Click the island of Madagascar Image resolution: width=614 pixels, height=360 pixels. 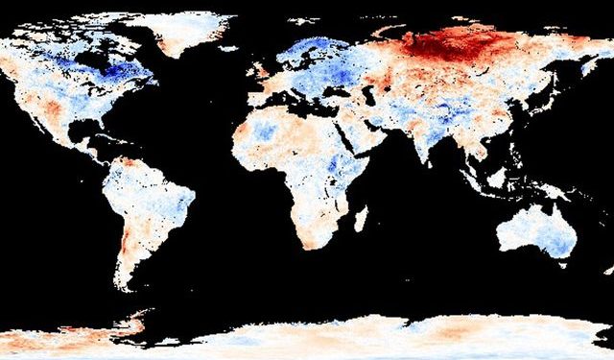click(361, 219)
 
